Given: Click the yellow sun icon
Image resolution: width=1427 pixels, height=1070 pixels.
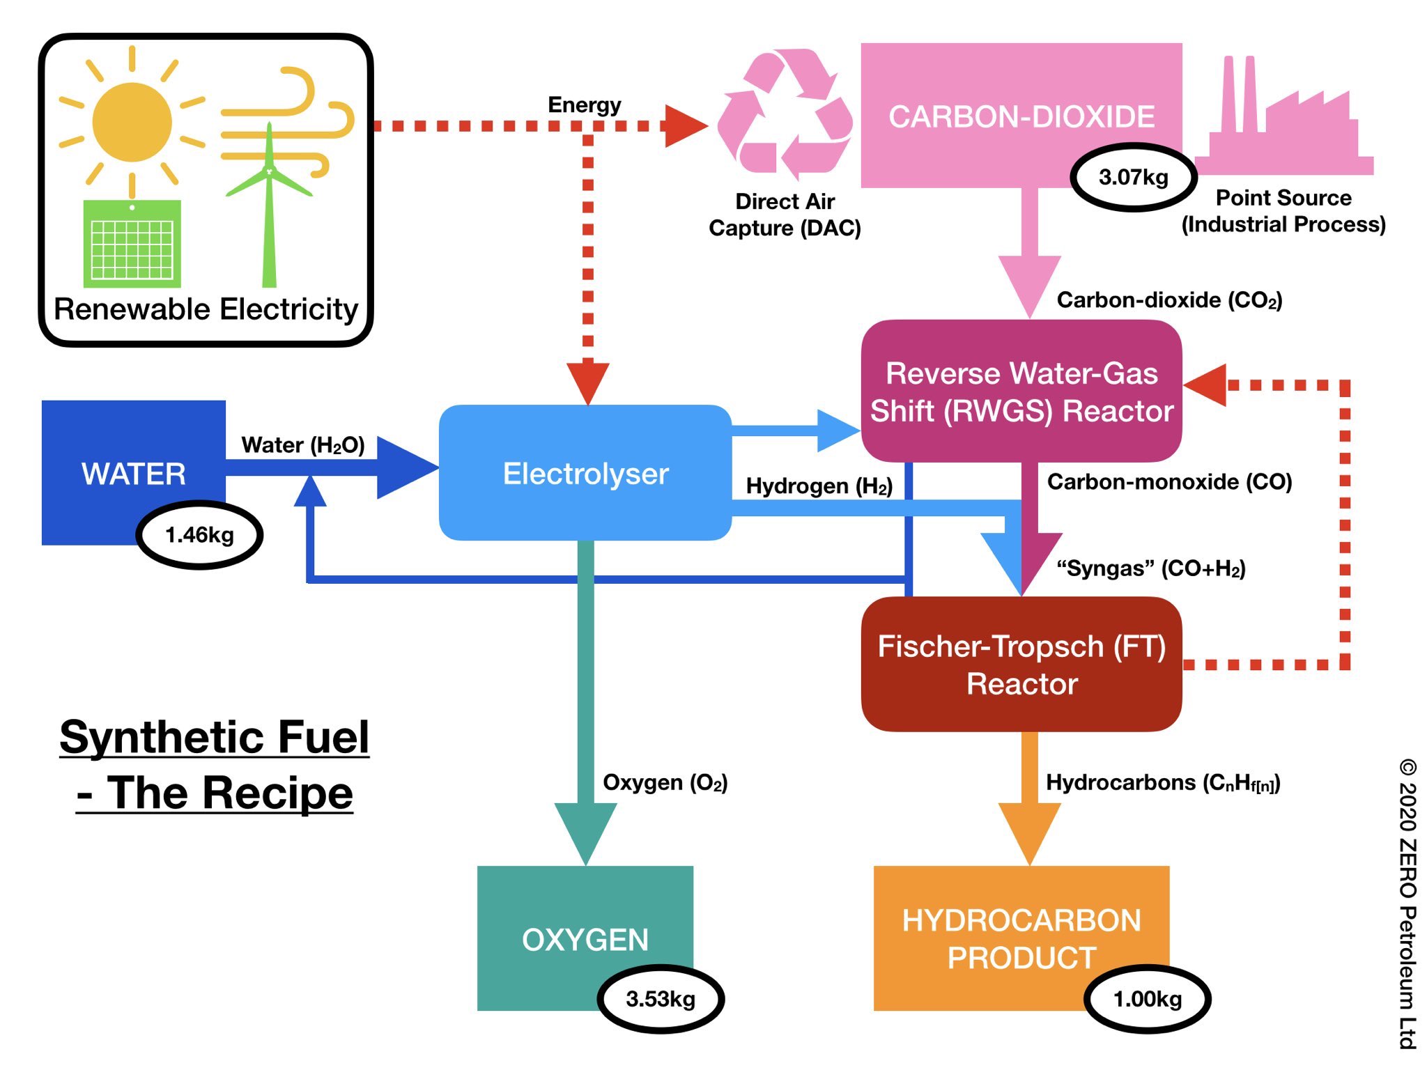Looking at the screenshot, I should pyautogui.click(x=132, y=123).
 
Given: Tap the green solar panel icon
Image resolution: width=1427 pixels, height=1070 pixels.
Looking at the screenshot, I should pyautogui.click(x=132, y=244).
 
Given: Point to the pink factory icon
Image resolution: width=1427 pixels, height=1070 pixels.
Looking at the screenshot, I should pyautogui.click(x=1282, y=125).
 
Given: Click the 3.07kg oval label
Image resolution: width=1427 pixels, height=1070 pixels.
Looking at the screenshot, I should pyautogui.click(x=1133, y=177).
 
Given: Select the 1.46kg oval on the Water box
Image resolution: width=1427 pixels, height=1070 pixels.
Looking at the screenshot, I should pyautogui.click(x=199, y=535).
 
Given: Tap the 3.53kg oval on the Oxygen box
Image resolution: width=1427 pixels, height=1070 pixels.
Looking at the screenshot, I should pyautogui.click(x=660, y=999).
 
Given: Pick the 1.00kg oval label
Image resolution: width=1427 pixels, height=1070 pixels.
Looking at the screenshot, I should pyautogui.click(x=1147, y=999).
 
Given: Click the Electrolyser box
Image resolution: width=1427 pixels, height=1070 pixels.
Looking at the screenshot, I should pyautogui.click(x=585, y=474).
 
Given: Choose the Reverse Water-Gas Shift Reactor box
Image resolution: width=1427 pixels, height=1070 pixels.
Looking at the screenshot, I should pyautogui.click(x=1021, y=391).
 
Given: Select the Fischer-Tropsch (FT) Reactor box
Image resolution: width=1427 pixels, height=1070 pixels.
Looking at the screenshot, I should pyautogui.click(x=1021, y=665).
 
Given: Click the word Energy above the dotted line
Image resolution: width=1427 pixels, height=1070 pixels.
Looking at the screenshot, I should pyautogui.click(x=584, y=104).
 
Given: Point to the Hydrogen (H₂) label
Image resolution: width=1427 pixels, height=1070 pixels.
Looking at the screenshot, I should pyautogui.click(x=819, y=486).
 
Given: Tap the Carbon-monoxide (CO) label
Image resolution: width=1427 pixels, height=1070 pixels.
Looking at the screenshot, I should pyautogui.click(x=1169, y=481).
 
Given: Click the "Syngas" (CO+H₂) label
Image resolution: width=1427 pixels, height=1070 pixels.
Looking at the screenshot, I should pyautogui.click(x=1150, y=568).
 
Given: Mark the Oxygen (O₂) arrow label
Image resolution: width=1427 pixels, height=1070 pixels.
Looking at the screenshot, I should pyautogui.click(x=665, y=782).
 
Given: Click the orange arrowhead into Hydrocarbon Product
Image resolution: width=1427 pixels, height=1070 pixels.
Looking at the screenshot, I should pyautogui.click(x=1029, y=832).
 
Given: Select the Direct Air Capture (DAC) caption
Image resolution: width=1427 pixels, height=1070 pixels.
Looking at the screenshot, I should pyautogui.click(x=785, y=215).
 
